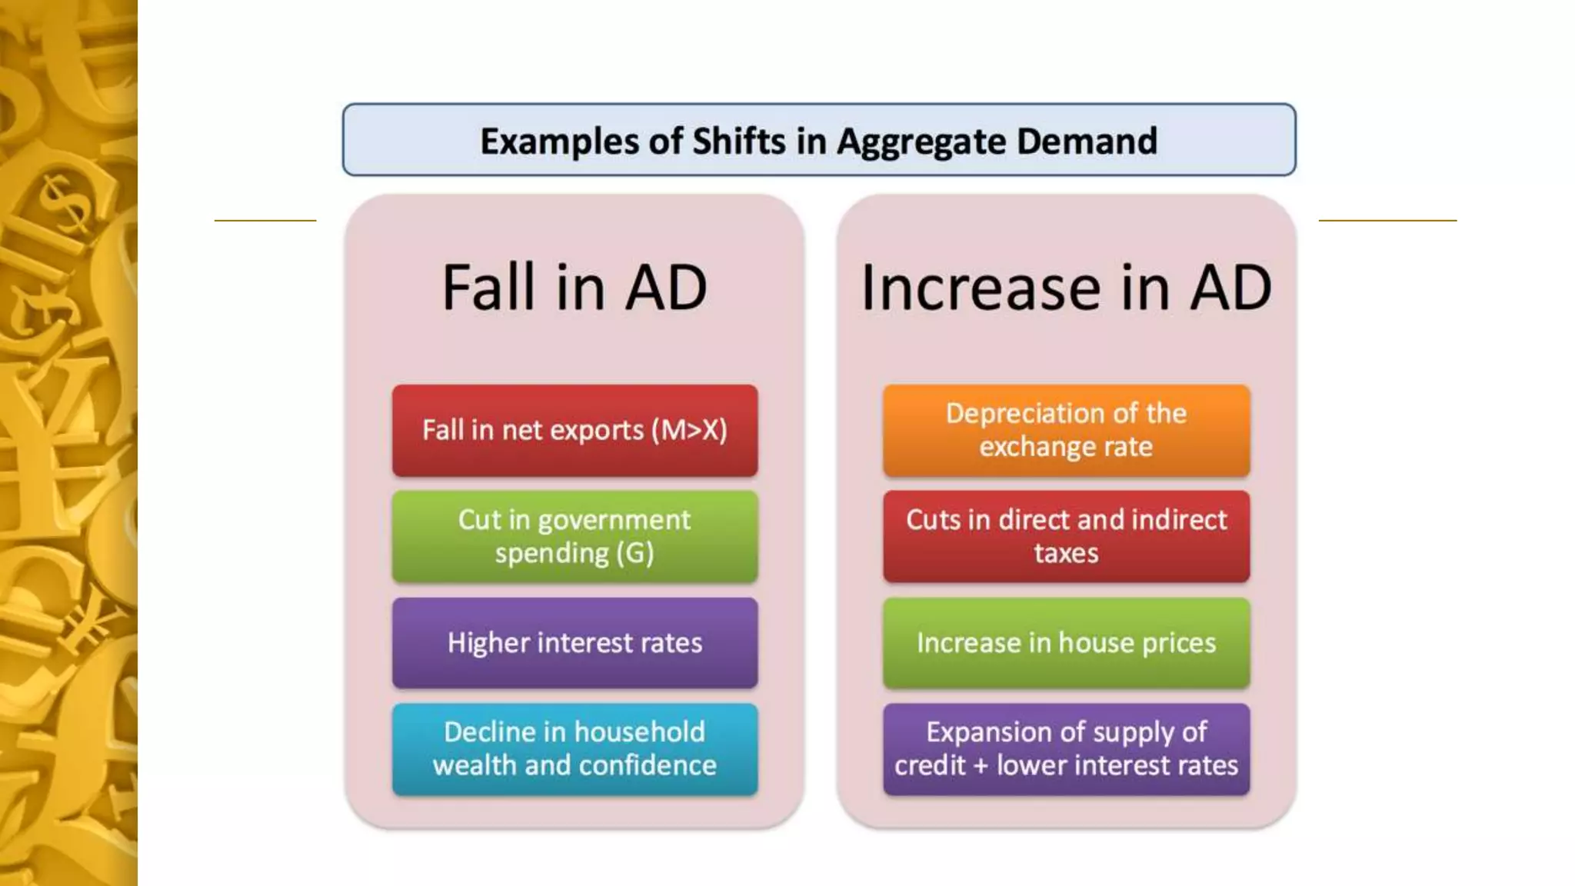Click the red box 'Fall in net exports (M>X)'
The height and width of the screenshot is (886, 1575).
[574, 430]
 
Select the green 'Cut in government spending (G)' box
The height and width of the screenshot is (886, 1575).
[574, 536]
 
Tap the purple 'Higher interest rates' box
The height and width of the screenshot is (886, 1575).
[574, 642]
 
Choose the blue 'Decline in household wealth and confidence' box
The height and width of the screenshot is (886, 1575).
[574, 748]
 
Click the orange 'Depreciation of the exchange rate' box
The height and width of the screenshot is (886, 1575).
[1066, 430]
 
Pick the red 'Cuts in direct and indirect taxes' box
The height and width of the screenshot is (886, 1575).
[1066, 536]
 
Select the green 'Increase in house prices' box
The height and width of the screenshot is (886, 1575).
[1066, 642]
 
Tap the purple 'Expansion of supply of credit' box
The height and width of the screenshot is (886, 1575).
[1066, 748]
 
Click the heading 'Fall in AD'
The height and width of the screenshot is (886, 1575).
[574, 288]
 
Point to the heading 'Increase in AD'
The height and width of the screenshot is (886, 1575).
[1066, 288]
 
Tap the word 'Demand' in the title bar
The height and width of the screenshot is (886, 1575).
[1087, 141]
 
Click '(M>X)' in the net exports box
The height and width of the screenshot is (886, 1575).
[688, 430]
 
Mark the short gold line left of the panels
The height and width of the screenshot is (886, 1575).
[265, 221]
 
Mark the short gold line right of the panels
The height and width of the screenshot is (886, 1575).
[1387, 221]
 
